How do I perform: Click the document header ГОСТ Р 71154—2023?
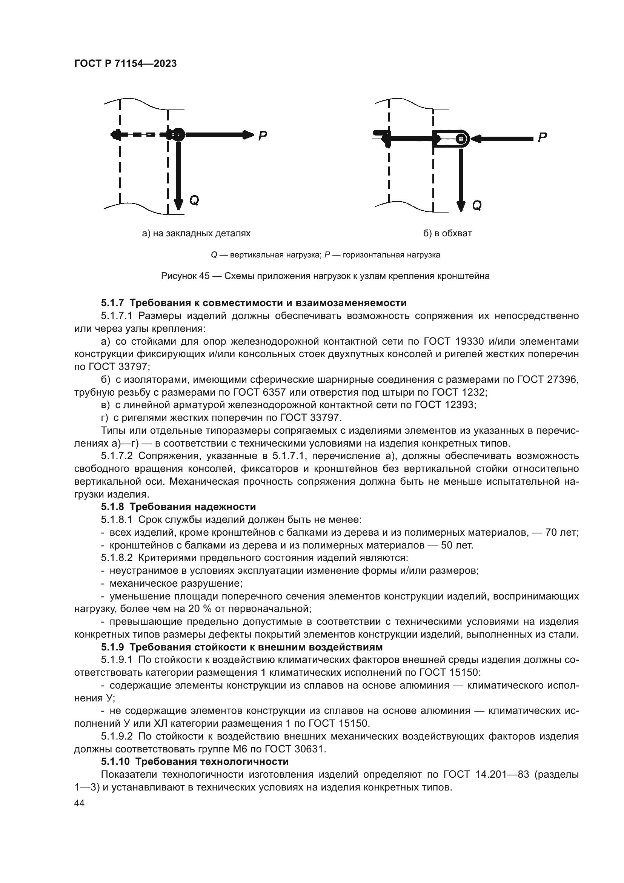point(125,64)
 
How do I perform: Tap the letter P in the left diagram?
point(263,136)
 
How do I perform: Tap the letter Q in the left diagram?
point(194,200)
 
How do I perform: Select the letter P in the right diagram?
point(542,138)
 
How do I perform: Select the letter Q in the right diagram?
point(476,206)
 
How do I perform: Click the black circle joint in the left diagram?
point(178,135)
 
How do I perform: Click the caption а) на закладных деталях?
point(196,233)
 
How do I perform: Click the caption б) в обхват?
point(447,233)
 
